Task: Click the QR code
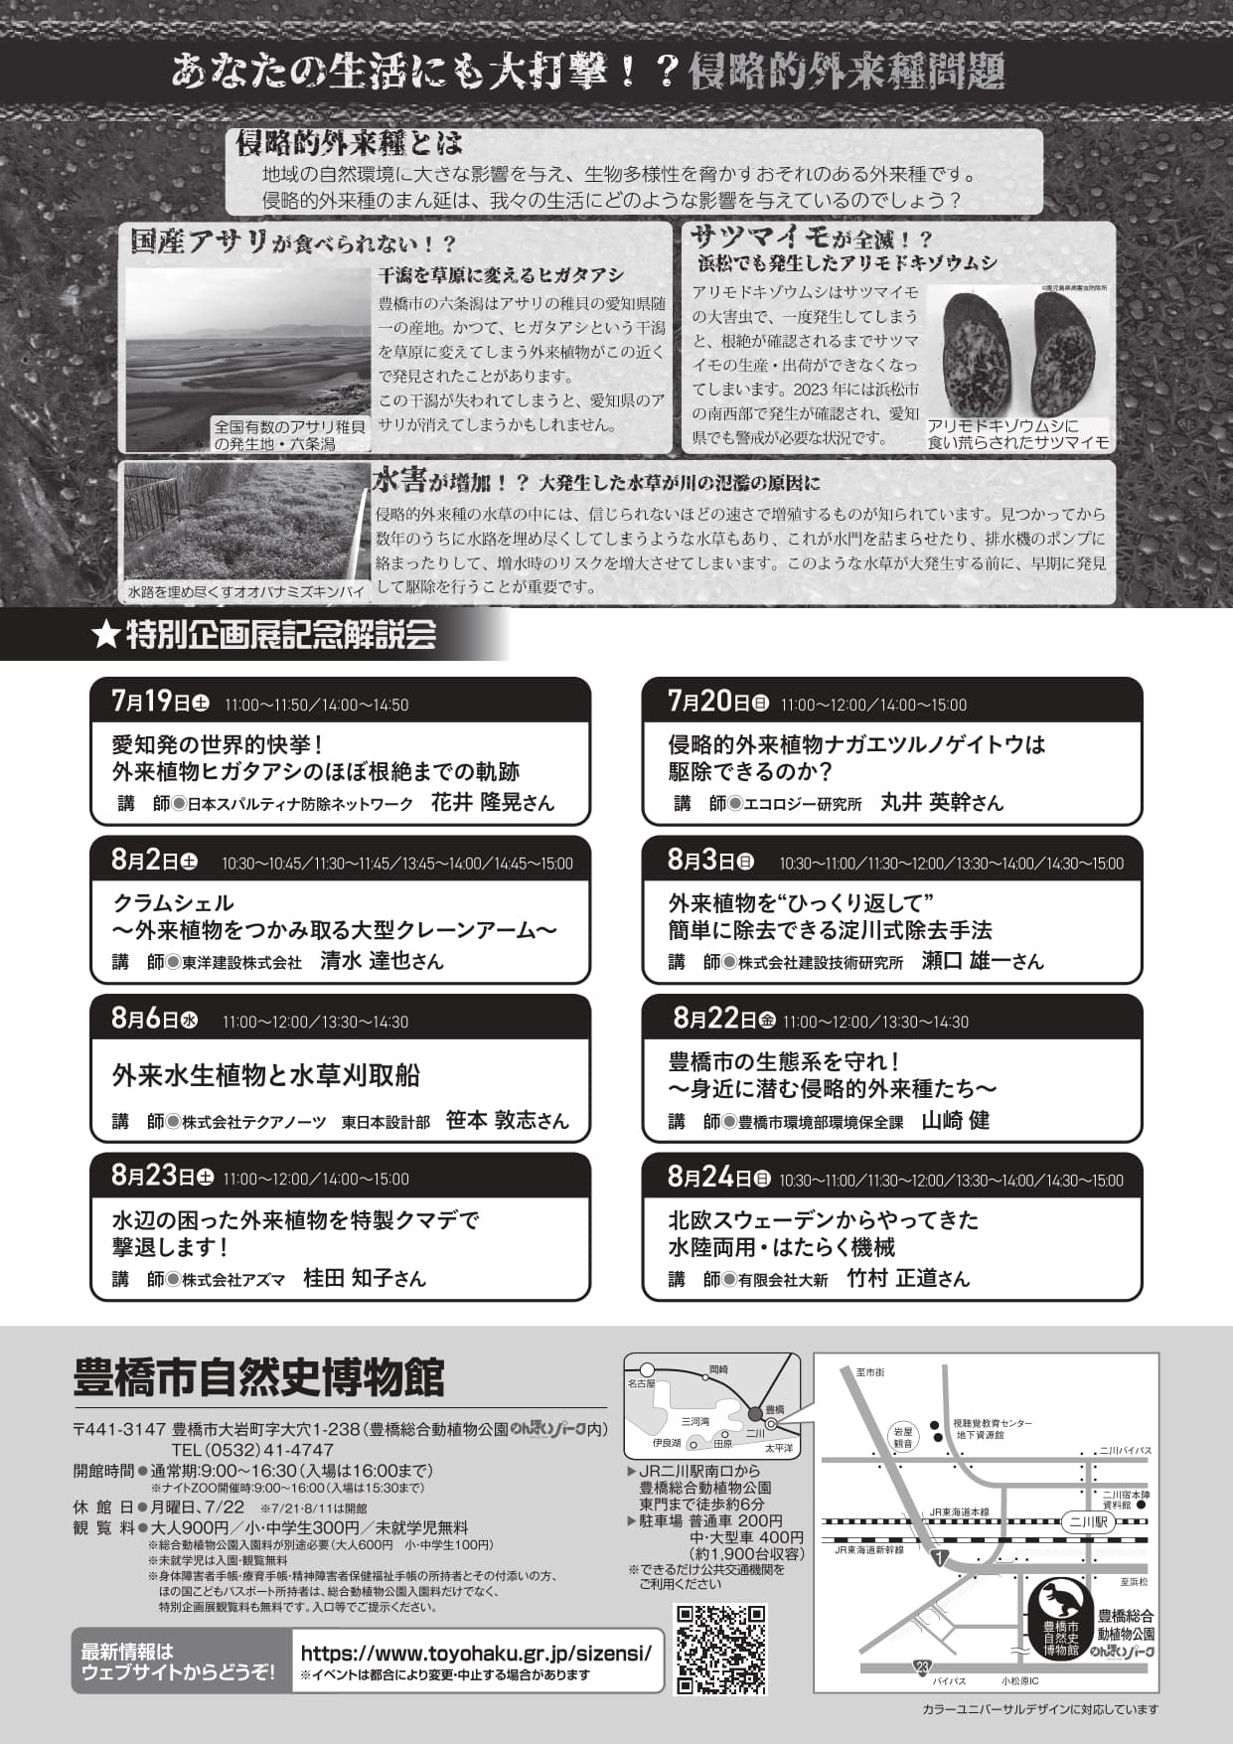[721, 1649]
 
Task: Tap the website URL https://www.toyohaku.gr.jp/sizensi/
[476, 1654]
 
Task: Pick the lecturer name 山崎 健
[955, 1120]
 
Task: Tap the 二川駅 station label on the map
[1088, 1521]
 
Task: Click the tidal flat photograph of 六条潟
[247, 348]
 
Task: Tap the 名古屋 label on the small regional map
[641, 1383]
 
